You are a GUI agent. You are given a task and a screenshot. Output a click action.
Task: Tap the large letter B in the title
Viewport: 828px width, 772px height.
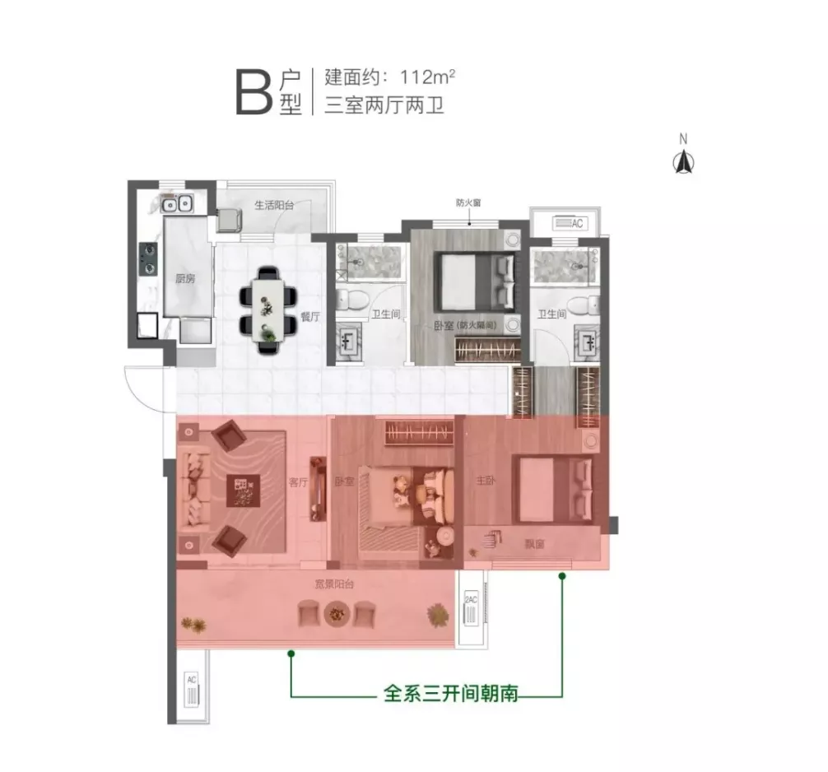(x=254, y=95)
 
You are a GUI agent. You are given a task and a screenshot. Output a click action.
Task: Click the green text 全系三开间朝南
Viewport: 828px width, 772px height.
(x=450, y=693)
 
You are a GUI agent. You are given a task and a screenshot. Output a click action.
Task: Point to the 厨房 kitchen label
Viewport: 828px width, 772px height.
(x=185, y=278)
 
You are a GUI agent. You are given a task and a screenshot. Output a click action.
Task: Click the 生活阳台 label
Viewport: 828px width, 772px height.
(x=274, y=205)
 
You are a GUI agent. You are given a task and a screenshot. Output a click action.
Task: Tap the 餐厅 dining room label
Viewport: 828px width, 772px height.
(x=310, y=317)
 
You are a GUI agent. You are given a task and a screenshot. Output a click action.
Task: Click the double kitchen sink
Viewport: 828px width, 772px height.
(x=177, y=203)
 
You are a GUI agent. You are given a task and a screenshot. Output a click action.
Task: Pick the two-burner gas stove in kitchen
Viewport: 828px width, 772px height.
(x=148, y=258)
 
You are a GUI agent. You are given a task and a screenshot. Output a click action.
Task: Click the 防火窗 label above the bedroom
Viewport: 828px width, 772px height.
(x=468, y=202)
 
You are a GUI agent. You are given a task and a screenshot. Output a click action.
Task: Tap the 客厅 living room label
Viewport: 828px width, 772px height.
(x=298, y=482)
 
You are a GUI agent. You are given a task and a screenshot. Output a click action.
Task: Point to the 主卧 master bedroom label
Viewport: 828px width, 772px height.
(x=486, y=481)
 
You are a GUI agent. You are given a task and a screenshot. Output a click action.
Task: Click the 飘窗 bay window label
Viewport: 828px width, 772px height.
(x=534, y=544)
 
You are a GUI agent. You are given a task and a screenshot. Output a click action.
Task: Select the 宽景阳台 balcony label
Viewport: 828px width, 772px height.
(x=334, y=584)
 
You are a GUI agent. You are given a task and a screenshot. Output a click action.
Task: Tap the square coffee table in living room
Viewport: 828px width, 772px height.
(x=244, y=491)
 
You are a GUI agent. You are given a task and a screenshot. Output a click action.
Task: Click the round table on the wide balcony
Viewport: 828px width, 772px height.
(x=337, y=614)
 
